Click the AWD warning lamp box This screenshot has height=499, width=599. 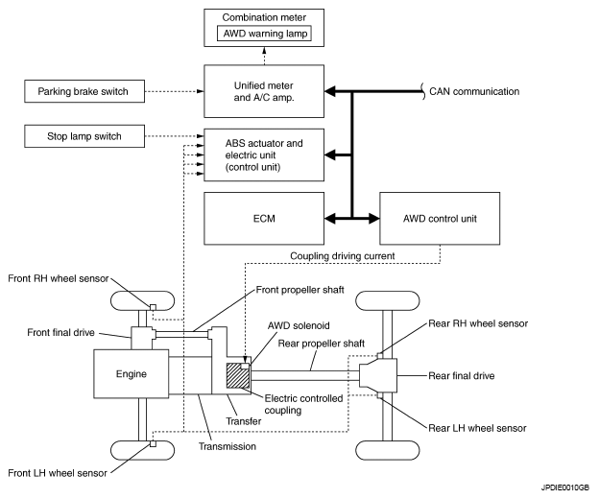pos(262,34)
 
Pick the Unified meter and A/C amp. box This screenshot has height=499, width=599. pos(262,92)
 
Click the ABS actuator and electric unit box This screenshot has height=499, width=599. pos(262,155)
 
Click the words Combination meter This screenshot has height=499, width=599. pos(262,17)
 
